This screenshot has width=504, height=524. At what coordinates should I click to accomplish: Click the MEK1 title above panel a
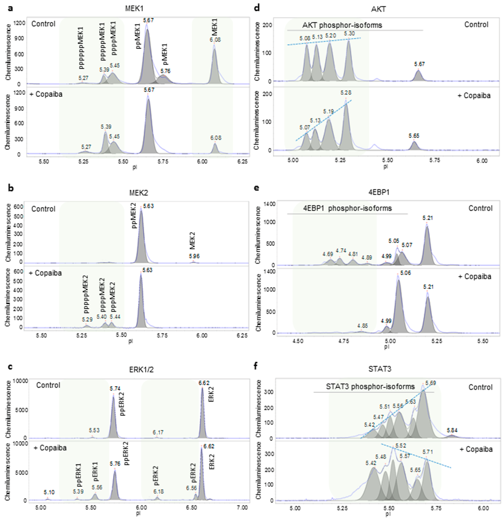pos(134,9)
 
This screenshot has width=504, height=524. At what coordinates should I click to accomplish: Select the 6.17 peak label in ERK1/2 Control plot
pos(158,432)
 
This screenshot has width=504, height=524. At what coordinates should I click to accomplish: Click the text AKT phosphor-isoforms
pos(342,25)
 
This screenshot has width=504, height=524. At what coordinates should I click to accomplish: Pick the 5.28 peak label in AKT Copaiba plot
pos(346,93)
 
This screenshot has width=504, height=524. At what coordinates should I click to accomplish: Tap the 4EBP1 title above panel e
pos(379,192)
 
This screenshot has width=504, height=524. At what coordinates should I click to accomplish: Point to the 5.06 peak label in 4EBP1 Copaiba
pos(405,273)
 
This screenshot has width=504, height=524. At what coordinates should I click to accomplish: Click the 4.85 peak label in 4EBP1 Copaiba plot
pos(363,326)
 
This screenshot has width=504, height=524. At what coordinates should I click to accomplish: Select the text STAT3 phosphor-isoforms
pos(370,387)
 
